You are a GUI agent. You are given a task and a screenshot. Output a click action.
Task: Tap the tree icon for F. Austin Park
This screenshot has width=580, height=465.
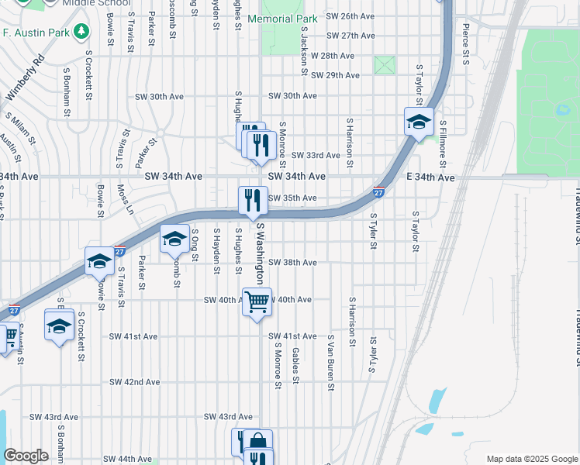point(81,32)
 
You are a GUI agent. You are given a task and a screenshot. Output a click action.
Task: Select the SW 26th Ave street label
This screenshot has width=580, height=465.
point(350,15)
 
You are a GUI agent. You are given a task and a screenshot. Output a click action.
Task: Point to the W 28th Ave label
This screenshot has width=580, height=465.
point(332,56)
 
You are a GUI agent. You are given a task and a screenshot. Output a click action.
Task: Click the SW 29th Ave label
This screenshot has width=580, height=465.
point(335,75)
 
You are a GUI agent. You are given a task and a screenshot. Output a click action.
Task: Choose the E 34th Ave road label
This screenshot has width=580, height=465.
point(430,177)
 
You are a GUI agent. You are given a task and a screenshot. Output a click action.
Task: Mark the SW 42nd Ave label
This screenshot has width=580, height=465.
point(134,382)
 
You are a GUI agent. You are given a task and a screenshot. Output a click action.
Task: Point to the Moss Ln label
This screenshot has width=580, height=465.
point(124,199)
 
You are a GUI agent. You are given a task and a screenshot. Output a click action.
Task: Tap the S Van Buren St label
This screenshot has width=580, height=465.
point(330,368)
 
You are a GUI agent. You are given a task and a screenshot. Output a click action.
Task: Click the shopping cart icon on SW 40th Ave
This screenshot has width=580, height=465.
point(257,301)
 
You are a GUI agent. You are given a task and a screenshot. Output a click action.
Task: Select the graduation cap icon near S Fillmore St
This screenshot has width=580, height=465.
point(419,122)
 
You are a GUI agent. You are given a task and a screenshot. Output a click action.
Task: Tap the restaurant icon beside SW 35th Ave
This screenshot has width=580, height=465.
point(252,200)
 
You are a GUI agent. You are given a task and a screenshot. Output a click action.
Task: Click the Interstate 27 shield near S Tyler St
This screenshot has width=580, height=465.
point(378,192)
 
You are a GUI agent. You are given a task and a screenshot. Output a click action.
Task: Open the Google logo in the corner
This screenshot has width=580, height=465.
point(26,456)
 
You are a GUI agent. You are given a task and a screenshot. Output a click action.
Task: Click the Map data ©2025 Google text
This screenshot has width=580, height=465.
point(530,459)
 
